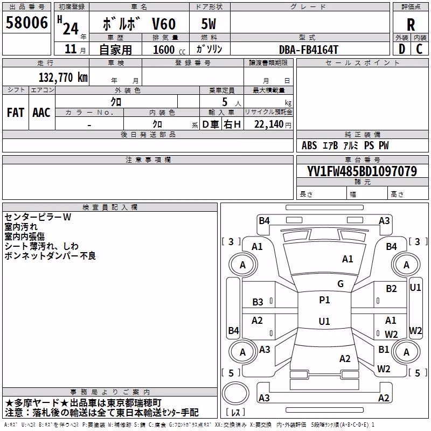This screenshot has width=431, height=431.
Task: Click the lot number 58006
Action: click(x=26, y=23)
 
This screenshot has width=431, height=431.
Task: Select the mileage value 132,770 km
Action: click(x=63, y=78)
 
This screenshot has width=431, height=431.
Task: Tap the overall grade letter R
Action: click(x=411, y=25)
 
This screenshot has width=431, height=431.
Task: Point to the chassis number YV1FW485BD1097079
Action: click(x=362, y=171)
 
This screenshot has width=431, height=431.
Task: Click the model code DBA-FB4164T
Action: click(x=308, y=50)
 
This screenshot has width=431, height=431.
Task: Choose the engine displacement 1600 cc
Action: click(x=169, y=50)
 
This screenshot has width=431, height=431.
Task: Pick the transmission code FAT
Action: click(x=16, y=113)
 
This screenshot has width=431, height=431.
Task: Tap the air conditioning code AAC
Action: click(x=41, y=113)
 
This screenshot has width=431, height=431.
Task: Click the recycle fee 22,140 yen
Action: click(x=273, y=124)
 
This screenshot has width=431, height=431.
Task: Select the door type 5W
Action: click(x=208, y=24)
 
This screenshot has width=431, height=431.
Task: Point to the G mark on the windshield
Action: click(x=340, y=284)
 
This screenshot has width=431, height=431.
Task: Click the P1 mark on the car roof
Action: click(x=324, y=300)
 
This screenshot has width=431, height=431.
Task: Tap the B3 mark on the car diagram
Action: click(x=258, y=302)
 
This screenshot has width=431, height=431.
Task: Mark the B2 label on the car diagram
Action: click(x=391, y=289)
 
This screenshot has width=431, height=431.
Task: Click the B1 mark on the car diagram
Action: click(x=384, y=349)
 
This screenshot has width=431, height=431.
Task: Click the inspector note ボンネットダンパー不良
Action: click(x=50, y=256)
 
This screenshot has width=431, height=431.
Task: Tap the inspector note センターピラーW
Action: click(x=38, y=217)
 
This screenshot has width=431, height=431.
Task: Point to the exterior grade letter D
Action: click(x=402, y=49)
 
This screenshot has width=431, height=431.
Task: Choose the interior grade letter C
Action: click(x=419, y=49)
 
